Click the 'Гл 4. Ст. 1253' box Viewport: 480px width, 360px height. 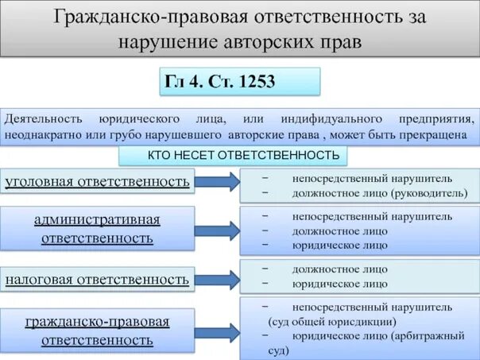[240, 82]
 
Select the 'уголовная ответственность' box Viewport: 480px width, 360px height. [98, 181]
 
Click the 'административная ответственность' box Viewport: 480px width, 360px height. [98, 228]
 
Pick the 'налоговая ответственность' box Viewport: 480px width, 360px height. [98, 279]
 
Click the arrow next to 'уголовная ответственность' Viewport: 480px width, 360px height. [217, 181]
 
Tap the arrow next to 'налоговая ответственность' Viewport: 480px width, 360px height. [217, 279]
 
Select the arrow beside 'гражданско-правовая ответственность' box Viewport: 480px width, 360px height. [217, 329]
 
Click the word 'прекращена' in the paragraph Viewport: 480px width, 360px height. [439, 134]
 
